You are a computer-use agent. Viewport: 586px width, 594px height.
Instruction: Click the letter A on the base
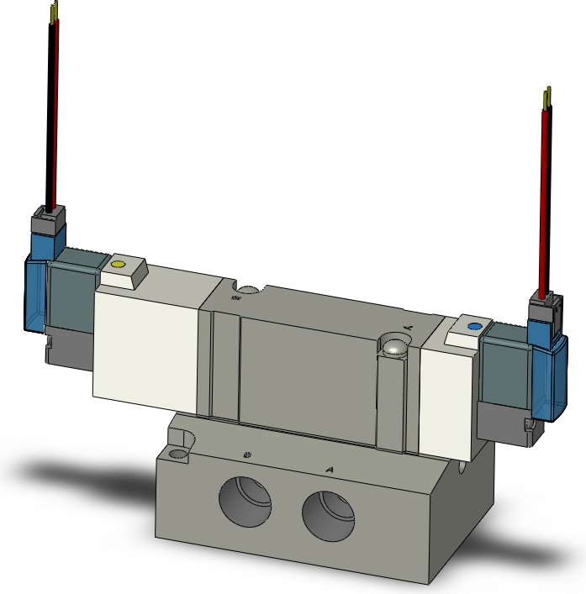[330, 469]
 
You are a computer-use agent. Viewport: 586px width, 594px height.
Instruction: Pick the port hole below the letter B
[245, 503]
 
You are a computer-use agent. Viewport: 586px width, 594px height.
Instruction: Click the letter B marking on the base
[246, 455]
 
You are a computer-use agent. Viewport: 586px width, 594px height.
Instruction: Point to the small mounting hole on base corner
[177, 455]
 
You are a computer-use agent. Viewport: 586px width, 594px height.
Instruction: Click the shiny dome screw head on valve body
[393, 344]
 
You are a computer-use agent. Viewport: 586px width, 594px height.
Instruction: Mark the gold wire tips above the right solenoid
[547, 97]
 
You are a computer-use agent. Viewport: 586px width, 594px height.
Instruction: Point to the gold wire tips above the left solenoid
[55, 11]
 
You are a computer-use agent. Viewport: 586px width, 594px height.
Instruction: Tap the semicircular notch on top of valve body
[246, 292]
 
